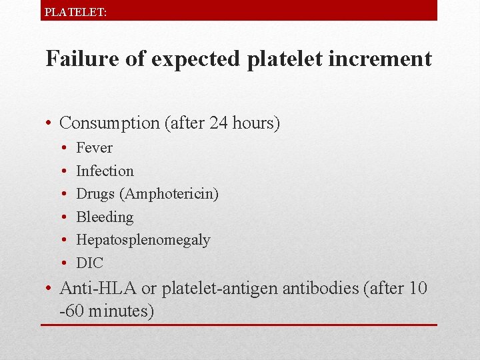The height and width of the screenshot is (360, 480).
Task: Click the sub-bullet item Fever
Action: (94, 147)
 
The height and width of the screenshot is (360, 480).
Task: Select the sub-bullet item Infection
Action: (105, 171)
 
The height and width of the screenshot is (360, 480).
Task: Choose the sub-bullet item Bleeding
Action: (105, 217)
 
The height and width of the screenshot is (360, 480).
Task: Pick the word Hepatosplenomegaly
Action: (143, 240)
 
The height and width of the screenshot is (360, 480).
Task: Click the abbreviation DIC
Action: (90, 263)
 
